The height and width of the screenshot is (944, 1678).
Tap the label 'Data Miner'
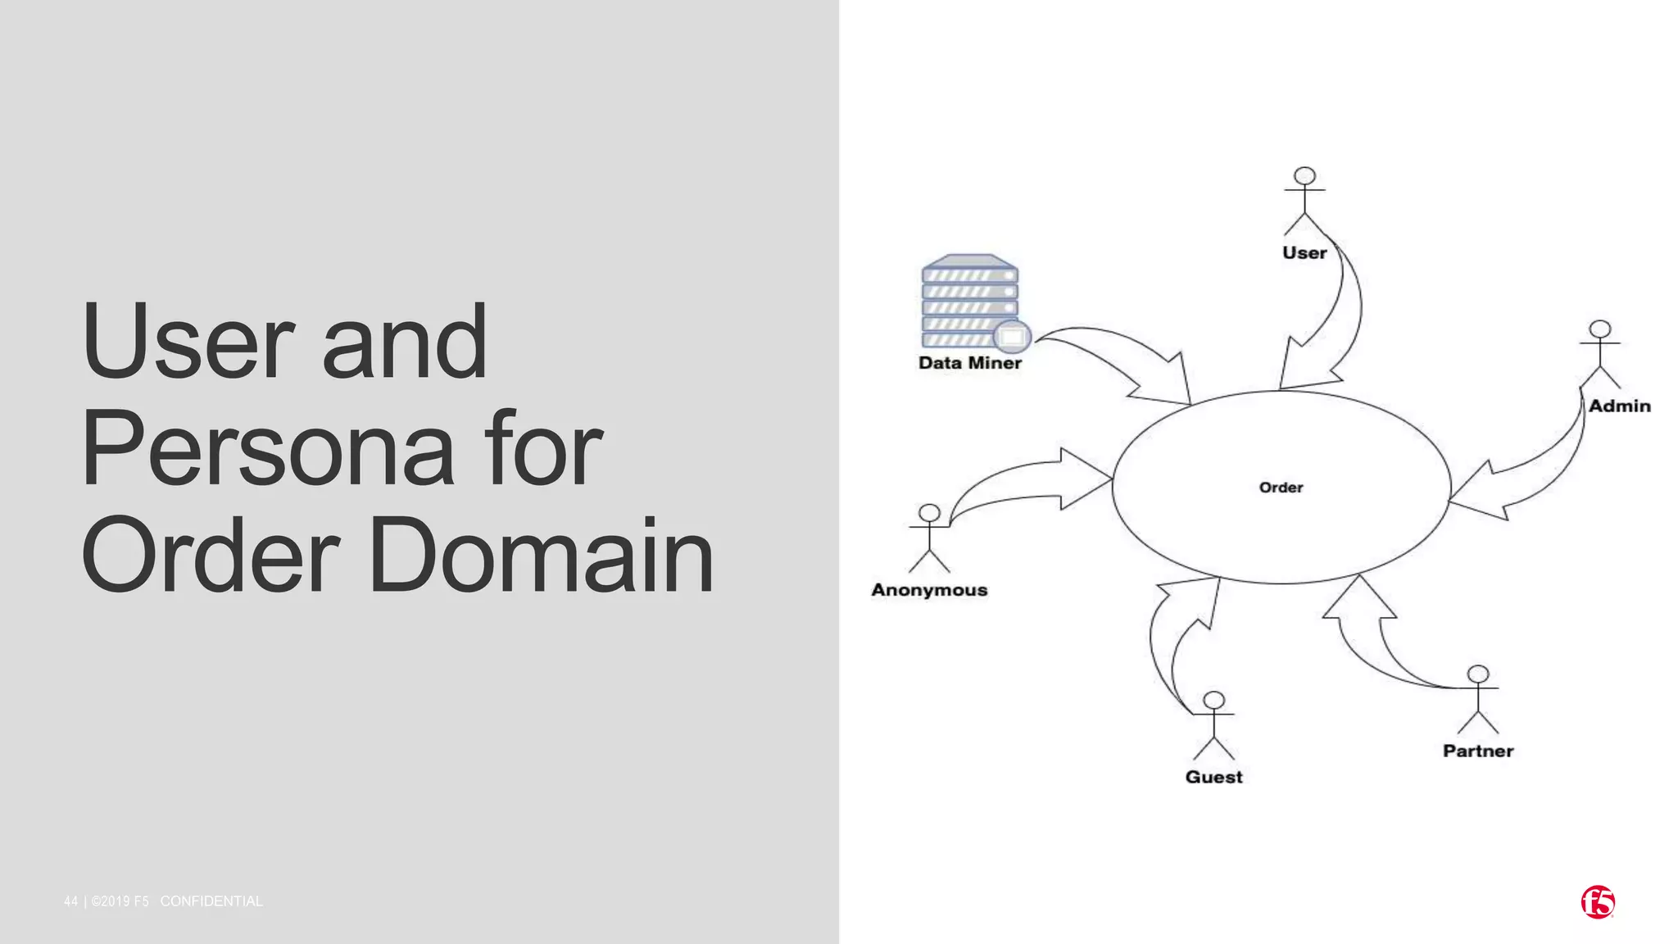tap(970, 363)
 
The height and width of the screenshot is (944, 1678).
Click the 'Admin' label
tap(1619, 406)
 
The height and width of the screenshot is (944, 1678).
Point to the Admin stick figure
tap(1599, 353)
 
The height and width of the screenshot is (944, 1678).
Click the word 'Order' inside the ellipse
tap(1281, 488)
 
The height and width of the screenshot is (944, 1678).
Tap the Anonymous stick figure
tap(929, 538)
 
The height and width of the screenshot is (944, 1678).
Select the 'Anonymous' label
tap(929, 590)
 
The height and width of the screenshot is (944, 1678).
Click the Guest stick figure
tap(1213, 725)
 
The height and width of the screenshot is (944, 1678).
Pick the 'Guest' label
tap(1213, 777)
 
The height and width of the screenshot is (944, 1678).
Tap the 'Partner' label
tap(1478, 751)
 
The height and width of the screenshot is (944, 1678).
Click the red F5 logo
tap(1598, 902)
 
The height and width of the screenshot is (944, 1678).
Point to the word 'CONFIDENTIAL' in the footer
tap(211, 901)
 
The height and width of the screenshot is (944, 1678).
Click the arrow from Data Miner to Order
tap(1122, 361)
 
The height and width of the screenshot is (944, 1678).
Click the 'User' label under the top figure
tap(1304, 253)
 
